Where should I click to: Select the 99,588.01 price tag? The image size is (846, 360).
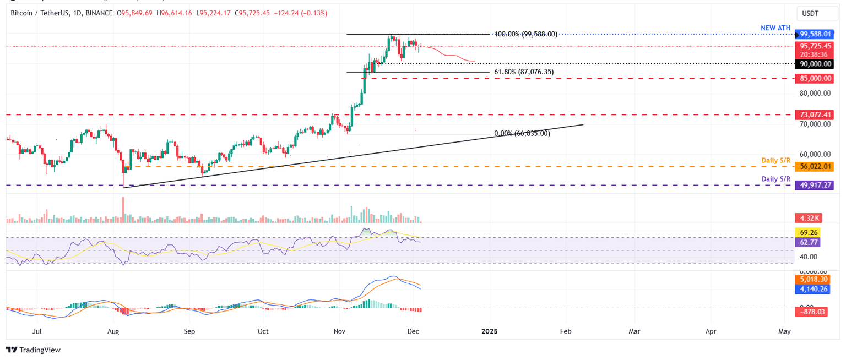tap(816, 34)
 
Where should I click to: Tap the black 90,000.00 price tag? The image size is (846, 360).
tap(816, 64)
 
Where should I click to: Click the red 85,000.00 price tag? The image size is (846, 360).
tap(816, 79)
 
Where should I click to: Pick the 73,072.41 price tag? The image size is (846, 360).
tap(816, 115)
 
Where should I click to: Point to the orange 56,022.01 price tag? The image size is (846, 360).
tap(816, 166)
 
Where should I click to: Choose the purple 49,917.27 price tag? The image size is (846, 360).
tap(816, 186)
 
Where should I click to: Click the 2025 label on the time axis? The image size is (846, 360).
tap(489, 331)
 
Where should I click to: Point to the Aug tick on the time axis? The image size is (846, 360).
tap(113, 331)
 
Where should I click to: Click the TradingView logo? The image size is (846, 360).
tap(33, 350)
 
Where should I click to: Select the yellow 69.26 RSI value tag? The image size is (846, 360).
tap(809, 232)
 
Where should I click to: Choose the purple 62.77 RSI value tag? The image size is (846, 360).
tap(809, 242)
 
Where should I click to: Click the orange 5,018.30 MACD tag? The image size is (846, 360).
tap(816, 280)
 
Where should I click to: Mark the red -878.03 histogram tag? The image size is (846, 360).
tap(816, 312)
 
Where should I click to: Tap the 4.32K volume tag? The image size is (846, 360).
tap(809, 218)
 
